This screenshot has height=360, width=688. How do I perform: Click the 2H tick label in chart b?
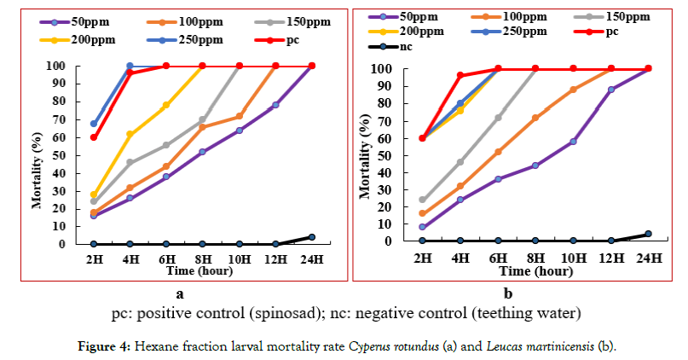point(422,254)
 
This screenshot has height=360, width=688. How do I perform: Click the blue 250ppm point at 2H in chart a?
point(94,124)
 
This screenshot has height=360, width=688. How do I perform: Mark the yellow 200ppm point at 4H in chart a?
point(130,134)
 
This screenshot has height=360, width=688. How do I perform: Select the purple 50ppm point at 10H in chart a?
point(239,131)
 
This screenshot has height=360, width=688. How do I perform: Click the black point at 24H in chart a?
point(311,237)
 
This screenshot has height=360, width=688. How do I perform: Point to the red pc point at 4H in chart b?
point(460,75)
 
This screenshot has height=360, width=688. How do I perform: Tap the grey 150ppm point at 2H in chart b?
point(422,200)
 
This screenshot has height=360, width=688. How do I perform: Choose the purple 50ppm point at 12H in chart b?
point(610,89)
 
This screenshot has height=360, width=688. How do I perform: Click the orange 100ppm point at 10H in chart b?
point(573,89)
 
